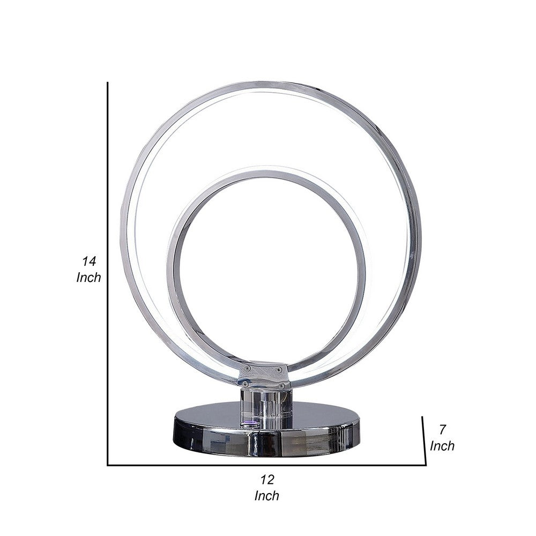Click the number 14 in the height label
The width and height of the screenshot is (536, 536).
(x=88, y=262)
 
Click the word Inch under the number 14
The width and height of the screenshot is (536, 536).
(x=88, y=278)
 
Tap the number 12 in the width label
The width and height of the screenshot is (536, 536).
(x=266, y=479)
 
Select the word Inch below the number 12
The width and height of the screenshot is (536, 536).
(x=266, y=496)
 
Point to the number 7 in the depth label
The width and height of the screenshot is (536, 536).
(x=443, y=429)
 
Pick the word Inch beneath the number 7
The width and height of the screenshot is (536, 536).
(x=442, y=445)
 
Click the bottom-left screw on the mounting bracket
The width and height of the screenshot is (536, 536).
(x=245, y=383)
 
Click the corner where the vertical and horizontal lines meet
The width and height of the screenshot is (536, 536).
(x=108, y=465)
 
